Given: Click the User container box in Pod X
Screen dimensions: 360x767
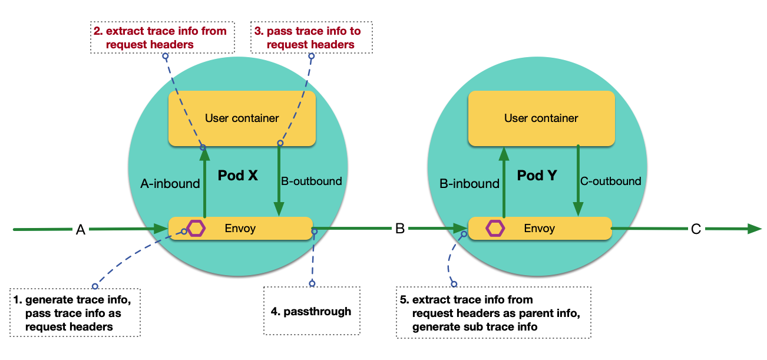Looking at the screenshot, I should point(242,118).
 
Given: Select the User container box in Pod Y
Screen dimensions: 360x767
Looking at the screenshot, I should point(541,118).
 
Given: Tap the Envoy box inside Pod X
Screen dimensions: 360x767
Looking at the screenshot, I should point(240,228).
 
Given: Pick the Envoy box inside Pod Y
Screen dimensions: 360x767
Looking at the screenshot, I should point(540,228).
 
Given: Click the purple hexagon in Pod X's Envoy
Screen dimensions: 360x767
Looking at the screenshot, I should point(196,228).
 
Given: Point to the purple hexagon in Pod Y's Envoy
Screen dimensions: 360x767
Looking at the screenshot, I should point(495,228).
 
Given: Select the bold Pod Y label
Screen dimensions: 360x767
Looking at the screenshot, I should point(537,175).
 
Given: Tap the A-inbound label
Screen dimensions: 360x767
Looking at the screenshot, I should point(170,184).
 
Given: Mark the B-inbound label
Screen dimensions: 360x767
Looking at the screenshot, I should point(470,184).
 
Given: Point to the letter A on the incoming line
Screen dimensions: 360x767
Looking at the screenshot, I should point(81,230).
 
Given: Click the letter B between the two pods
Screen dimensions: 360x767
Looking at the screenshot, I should point(400,229).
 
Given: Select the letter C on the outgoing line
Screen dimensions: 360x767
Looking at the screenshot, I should point(696,229).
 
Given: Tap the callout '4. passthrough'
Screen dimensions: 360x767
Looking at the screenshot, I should point(312,311).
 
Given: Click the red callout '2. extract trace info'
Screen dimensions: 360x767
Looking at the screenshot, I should point(162,37).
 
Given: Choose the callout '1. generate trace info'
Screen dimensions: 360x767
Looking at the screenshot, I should point(75,312).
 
